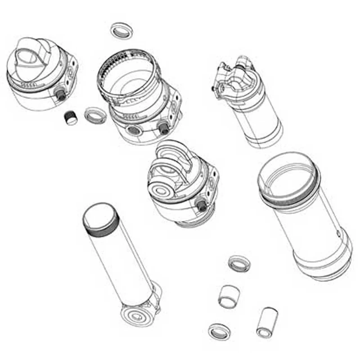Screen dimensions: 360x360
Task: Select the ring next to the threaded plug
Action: click(94, 115)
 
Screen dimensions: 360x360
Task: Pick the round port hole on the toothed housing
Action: click(134, 131)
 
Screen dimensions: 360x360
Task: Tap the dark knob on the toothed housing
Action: click(164, 128)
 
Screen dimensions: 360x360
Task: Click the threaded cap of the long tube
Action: click(100, 218)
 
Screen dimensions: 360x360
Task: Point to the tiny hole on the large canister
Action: click(338, 233)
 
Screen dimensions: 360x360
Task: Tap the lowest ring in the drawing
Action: click(219, 331)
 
